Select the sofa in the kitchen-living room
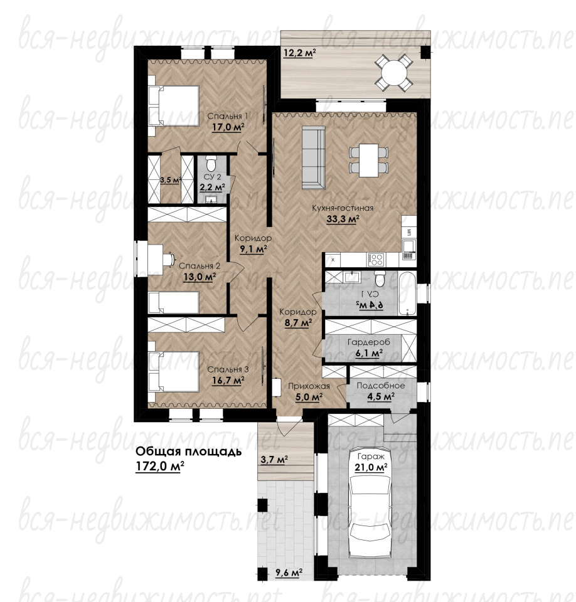point(314,158)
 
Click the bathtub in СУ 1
point(407,293)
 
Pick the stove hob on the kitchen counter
point(375,260)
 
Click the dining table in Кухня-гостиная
point(369,160)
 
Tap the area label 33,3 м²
point(343,219)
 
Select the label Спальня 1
point(228,116)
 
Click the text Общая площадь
point(189,452)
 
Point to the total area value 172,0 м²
point(160,467)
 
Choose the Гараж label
point(371,457)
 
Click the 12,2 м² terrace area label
point(300,53)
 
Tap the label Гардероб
point(368,342)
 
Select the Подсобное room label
point(381,386)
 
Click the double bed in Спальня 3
point(174,372)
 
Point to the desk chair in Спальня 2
point(168,260)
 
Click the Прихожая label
point(309,386)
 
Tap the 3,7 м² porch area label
point(274,460)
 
